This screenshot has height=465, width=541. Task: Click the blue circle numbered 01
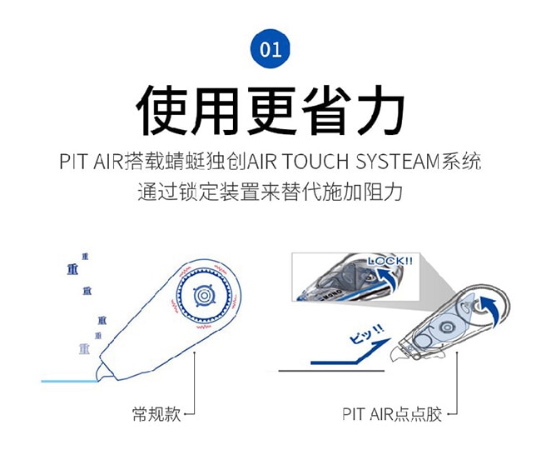[x=270, y=48]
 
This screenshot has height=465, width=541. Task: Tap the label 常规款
[x=156, y=413]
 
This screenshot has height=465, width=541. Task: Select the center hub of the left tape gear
[x=202, y=297]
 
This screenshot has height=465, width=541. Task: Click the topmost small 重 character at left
[x=85, y=256]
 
